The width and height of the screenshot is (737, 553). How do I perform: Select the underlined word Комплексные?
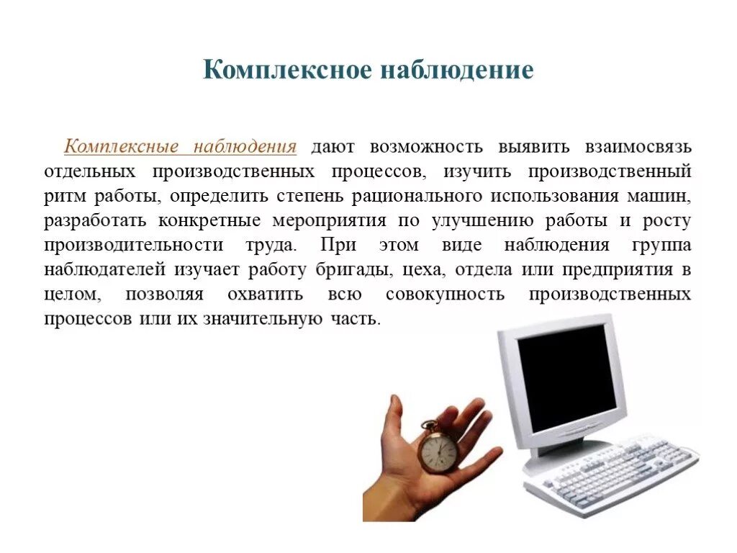pos(122,147)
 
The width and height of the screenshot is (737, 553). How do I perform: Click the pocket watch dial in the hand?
pos(438,451)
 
